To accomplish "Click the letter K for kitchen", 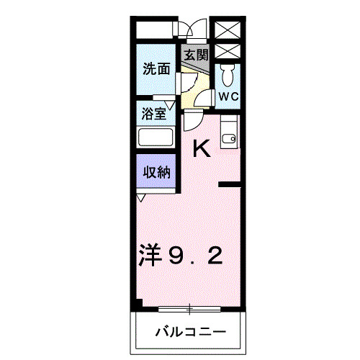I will [201, 149].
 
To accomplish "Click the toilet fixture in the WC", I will [228, 74].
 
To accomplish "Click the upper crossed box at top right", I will [230, 30].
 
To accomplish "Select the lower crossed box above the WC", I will [230, 52].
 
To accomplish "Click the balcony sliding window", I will [190, 310].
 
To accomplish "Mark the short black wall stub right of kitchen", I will [230, 186].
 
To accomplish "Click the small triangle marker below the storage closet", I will [142, 197].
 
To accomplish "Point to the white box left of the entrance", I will [153, 30].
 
